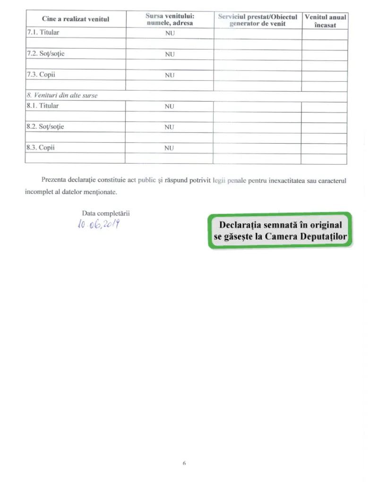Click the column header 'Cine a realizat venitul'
pos(75,19)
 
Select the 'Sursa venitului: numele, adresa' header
pos(170,19)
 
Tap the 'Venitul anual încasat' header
pos(325,20)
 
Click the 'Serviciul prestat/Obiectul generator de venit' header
pos(258,20)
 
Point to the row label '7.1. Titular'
pos(43,33)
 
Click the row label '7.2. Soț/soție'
pos(46,54)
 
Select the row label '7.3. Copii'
pos(41,75)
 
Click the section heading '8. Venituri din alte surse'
pos(62,96)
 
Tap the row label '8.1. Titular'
pos(43,106)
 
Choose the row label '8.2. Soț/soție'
pos(46,127)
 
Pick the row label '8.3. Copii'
pos(41,148)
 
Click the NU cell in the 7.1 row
pos(170,34)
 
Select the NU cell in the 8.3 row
pos(170,148)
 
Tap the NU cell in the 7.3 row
pos(170,75)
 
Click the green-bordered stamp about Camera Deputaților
pos(280,230)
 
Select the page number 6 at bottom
pos(184,464)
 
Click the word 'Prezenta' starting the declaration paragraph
pos(55,180)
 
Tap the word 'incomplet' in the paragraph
pos(39,193)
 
